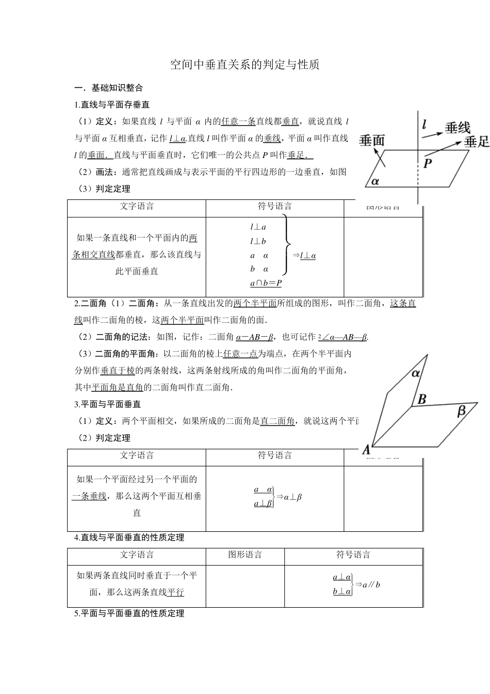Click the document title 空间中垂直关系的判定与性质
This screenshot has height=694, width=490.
click(245, 65)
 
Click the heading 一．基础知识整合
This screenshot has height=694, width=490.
click(109, 88)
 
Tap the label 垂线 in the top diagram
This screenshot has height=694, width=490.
click(457, 128)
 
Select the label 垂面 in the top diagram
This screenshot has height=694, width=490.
click(372, 140)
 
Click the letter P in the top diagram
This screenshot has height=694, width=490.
click(428, 164)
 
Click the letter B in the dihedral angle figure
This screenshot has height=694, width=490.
click(421, 399)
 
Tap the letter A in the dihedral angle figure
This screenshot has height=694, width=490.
click(366, 450)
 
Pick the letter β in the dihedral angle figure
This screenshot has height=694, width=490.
click(462, 411)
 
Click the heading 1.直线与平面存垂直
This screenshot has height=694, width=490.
click(112, 105)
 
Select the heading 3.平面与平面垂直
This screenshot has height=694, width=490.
click(107, 404)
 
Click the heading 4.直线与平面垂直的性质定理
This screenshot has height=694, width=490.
click(129, 538)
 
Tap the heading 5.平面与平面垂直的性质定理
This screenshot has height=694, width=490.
click(129, 613)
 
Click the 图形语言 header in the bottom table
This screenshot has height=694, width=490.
click(245, 555)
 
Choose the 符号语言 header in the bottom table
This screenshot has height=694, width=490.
click(353, 555)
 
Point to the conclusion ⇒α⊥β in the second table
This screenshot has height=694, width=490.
click(289, 497)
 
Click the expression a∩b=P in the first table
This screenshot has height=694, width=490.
click(266, 283)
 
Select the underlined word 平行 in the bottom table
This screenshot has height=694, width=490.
click(176, 592)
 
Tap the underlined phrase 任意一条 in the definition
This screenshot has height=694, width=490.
click(238, 121)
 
